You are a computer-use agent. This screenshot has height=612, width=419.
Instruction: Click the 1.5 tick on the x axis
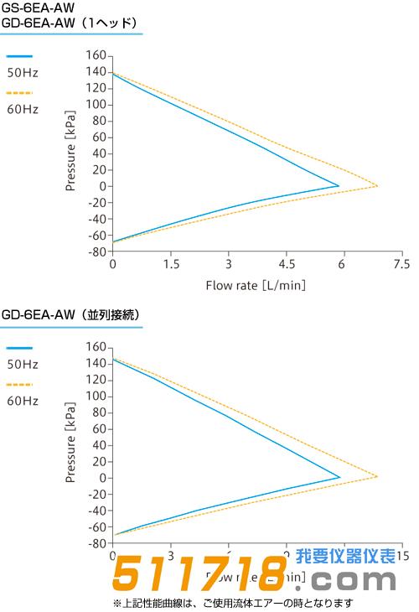(170, 263)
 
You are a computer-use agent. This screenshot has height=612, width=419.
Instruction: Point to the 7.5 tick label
(401, 263)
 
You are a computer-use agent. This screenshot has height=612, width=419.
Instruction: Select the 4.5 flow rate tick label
(286, 263)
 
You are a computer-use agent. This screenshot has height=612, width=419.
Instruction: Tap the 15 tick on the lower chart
(401, 555)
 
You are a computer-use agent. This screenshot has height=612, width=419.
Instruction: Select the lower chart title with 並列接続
(70, 314)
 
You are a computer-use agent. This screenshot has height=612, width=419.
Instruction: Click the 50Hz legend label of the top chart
(23, 73)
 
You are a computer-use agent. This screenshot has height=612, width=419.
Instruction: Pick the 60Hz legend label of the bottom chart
(23, 401)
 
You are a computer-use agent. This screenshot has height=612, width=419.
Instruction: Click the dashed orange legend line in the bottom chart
(19, 384)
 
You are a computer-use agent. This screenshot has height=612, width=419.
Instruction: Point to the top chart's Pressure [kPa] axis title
(71, 153)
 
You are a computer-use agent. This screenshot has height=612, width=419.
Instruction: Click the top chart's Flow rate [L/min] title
(256, 285)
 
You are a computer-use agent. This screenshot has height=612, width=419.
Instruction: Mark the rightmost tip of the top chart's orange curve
(377, 186)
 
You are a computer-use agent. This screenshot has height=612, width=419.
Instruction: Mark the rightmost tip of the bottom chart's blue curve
(339, 478)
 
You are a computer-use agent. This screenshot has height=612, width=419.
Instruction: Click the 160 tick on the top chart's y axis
(96, 55)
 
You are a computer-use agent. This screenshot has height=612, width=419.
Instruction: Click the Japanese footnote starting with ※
(232, 603)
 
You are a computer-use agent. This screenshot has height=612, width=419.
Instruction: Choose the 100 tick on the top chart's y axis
(96, 105)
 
